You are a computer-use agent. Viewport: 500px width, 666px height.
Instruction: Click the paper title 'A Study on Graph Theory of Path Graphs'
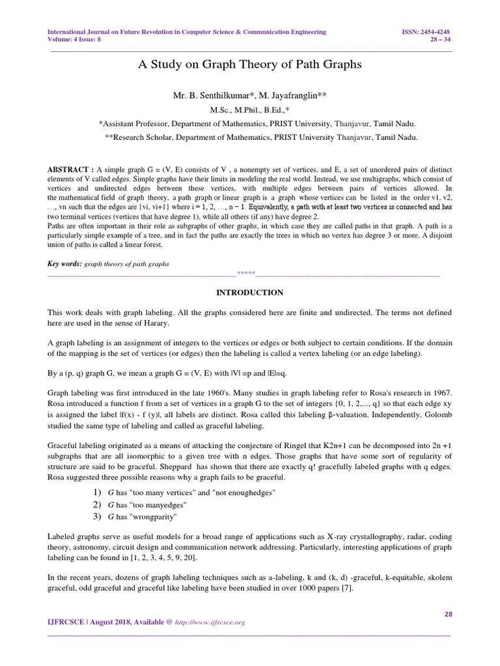point(250,65)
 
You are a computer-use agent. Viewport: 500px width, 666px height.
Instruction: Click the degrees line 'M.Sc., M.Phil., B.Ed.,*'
point(249,110)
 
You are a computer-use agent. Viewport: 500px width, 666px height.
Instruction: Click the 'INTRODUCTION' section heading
point(249,293)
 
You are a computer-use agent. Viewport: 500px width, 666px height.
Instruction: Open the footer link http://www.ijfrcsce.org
point(209,622)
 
